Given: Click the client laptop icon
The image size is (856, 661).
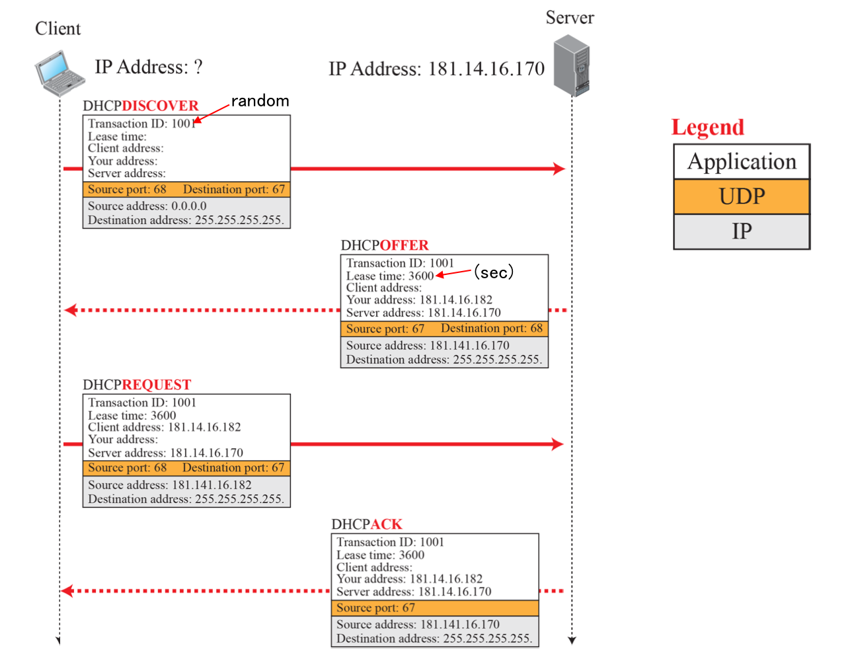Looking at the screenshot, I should tap(59, 73).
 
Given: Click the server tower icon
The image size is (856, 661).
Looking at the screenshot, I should tap(572, 65).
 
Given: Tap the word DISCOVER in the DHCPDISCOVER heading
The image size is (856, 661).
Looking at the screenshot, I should tap(160, 106).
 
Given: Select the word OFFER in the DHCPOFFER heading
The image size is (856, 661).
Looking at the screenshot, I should tap(404, 245).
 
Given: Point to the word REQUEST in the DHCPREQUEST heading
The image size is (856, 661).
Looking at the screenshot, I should tap(156, 385).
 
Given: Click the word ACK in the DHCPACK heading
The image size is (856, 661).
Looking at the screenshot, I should tap(386, 524).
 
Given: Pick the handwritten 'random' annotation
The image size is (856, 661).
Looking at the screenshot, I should tap(260, 100).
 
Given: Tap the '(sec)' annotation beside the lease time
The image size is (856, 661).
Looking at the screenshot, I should tap(494, 272).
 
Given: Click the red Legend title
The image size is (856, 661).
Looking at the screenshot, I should tap(707, 127).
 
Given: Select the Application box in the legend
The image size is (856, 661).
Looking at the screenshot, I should tap(742, 162).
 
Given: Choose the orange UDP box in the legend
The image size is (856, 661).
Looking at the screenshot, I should tap(742, 196).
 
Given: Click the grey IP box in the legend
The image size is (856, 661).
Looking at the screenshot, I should tap(742, 231).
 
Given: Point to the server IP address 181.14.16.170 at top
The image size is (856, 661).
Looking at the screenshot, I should tap(486, 69).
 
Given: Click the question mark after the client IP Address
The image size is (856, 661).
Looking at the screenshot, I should tap(198, 67).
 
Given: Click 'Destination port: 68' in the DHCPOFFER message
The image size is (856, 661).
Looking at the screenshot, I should tap(492, 329).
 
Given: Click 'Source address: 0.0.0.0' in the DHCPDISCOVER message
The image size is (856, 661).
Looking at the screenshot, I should tap(147, 206).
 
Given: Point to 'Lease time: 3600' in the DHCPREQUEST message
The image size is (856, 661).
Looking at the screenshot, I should tap(132, 415).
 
